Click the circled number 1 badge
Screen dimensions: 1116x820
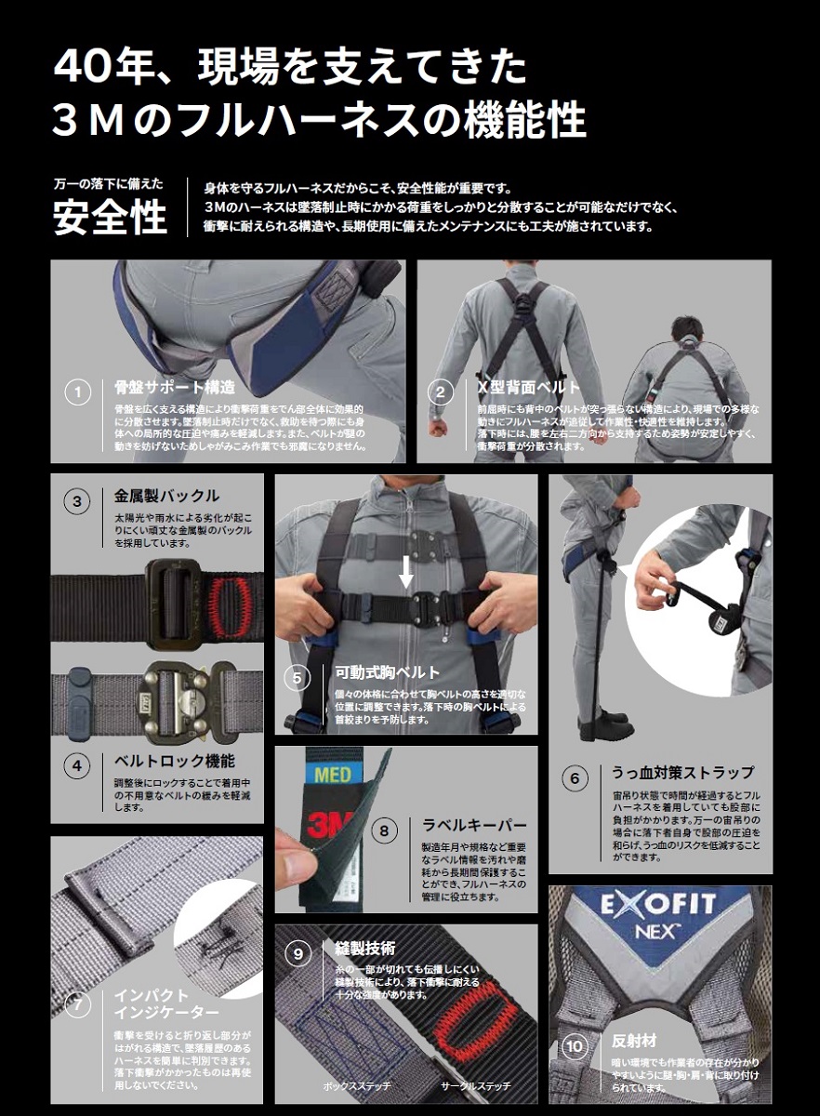[x=78, y=393]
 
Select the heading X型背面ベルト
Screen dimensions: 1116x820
[x=528, y=387]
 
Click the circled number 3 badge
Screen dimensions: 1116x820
[x=78, y=502]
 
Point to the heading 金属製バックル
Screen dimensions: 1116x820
[x=166, y=496]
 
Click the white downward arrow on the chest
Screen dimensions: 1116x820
[x=405, y=574]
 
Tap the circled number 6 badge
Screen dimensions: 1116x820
[x=575, y=777]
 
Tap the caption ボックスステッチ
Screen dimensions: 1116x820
[x=356, y=1085]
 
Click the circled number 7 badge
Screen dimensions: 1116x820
[x=78, y=1005]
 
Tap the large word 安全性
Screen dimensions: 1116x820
[x=110, y=217]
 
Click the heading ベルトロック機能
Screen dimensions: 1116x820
[x=175, y=762]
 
